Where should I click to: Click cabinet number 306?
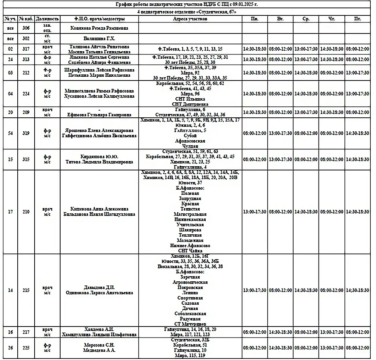[26, 28]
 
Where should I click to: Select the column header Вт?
[280, 18]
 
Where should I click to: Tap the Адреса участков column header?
[190, 18]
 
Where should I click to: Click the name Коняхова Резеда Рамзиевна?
[99, 28]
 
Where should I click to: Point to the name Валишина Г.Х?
[99, 38]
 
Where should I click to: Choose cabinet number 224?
[26, 94]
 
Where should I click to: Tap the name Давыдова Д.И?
[99, 288]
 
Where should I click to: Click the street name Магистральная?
[190, 214]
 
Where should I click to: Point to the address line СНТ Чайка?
[190, 251]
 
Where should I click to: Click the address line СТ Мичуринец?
[190, 324]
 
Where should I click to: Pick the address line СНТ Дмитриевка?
[190, 104]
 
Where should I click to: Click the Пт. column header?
[358, 18]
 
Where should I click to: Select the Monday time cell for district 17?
[255, 212]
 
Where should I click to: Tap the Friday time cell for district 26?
[358, 348]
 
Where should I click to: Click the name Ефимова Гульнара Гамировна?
[99, 115]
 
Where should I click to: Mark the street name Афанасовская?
[190, 141]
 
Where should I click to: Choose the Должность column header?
[47, 18]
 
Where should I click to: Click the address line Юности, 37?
[190, 182]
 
